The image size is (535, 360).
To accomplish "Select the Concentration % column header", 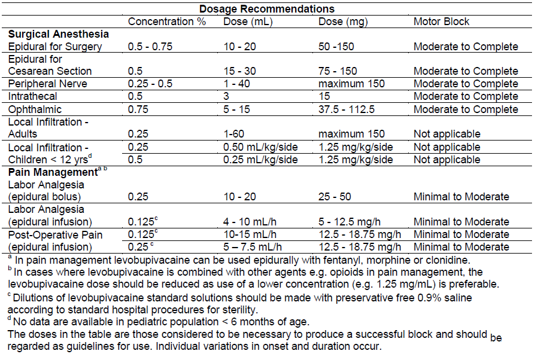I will coord(167,22).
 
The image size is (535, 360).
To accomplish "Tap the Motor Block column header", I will coord(442,22).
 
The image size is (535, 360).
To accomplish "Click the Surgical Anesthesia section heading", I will coord(59,34).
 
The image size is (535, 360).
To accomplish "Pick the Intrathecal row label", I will coord(33,96).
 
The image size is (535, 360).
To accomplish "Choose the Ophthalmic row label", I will coord(34,109).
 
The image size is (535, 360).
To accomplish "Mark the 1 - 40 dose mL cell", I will coord(237,84).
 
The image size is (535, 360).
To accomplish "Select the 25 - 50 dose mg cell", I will coord(335,197).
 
